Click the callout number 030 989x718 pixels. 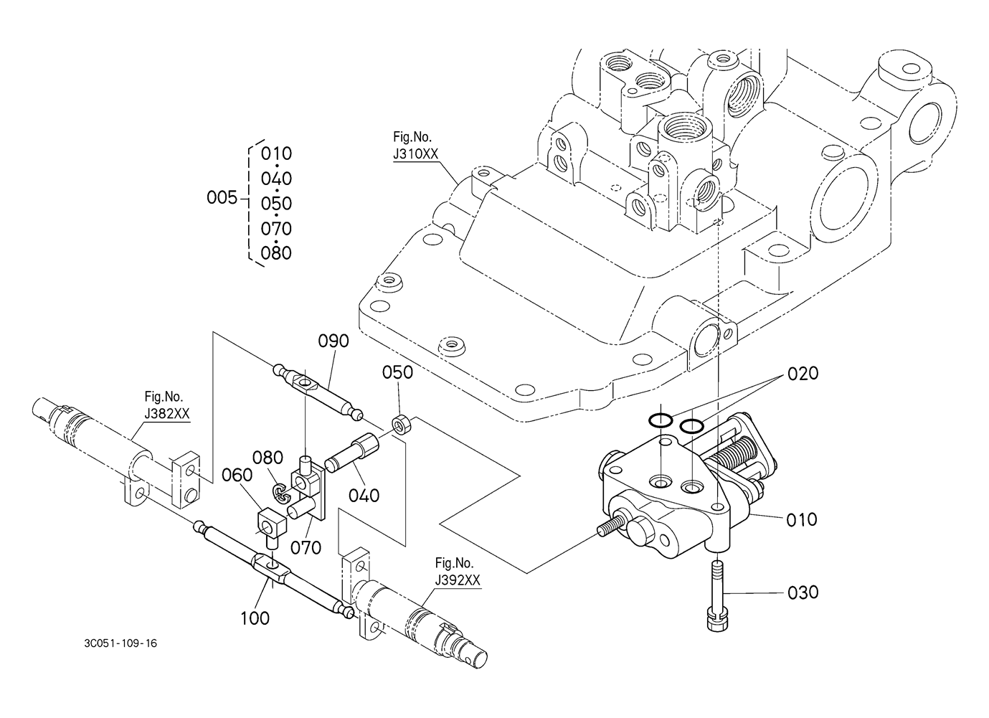pos(803,592)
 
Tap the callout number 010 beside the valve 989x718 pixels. pos(801,520)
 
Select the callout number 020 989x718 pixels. pos(803,374)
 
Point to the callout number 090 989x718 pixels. pos(333,341)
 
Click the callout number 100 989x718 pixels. pos(255,618)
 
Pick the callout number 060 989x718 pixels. pos(237,475)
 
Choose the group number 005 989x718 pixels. pos(222,198)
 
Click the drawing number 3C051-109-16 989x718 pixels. pos(120,643)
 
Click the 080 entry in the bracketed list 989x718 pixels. pos(276,253)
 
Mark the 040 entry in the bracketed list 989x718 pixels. pos(276,179)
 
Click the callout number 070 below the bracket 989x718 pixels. pos(306,548)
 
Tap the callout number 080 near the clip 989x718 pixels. pos(268,458)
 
